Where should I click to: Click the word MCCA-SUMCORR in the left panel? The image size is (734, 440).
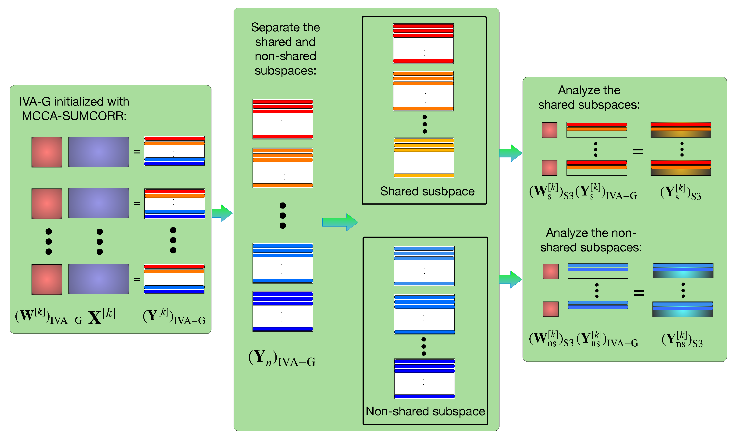(74, 116)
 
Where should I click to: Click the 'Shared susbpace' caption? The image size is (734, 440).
(427, 191)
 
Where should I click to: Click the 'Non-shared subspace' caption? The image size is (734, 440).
(425, 411)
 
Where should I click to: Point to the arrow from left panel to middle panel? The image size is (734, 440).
(222, 213)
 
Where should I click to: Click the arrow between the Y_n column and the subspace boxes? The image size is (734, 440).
(340, 222)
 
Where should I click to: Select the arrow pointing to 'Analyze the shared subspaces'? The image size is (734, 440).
(511, 153)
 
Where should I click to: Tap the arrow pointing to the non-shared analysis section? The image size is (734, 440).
(510, 279)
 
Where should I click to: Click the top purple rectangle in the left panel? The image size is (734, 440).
(98, 152)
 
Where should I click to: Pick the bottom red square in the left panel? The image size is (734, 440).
(46, 279)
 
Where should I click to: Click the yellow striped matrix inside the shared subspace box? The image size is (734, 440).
(424, 158)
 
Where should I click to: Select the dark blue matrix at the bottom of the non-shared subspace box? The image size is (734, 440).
(424, 379)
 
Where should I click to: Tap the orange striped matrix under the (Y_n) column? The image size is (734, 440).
(283, 168)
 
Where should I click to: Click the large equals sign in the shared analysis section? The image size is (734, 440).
(638, 152)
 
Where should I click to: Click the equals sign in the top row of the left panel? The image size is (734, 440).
(137, 152)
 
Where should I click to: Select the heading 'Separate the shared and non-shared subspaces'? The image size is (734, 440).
(285, 49)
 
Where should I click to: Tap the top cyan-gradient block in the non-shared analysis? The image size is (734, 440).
(683, 270)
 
